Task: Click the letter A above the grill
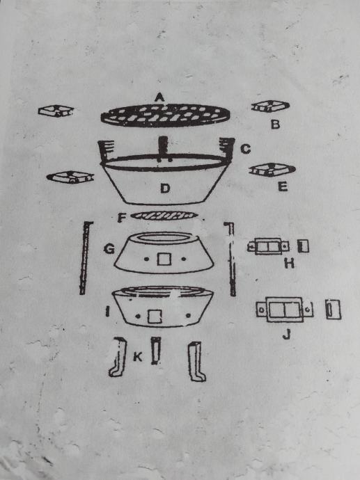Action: pyautogui.click(x=159, y=97)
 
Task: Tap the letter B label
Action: pyautogui.click(x=276, y=125)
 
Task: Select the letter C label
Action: pyautogui.click(x=245, y=149)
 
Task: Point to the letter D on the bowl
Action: pyautogui.click(x=165, y=188)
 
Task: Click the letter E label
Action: pyautogui.click(x=283, y=186)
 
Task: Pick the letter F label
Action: pyautogui.click(x=122, y=218)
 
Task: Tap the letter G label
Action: pyautogui.click(x=109, y=249)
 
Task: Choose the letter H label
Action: pyautogui.click(x=289, y=263)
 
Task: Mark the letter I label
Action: pyautogui.click(x=107, y=312)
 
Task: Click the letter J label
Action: pyautogui.click(x=286, y=335)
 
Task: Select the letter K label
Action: pyautogui.click(x=138, y=357)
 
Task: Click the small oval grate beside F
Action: pyautogui.click(x=164, y=216)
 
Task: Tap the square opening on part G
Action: pyautogui.click(x=164, y=259)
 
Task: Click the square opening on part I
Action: pyautogui.click(x=155, y=317)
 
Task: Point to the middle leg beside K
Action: pyautogui.click(x=156, y=351)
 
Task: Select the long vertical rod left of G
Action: pyautogui.click(x=85, y=258)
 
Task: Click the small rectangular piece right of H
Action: pyautogui.click(x=304, y=246)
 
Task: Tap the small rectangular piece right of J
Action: pyautogui.click(x=333, y=309)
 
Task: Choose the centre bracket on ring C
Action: pyautogui.click(x=164, y=148)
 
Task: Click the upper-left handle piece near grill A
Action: pyautogui.click(x=56, y=111)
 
